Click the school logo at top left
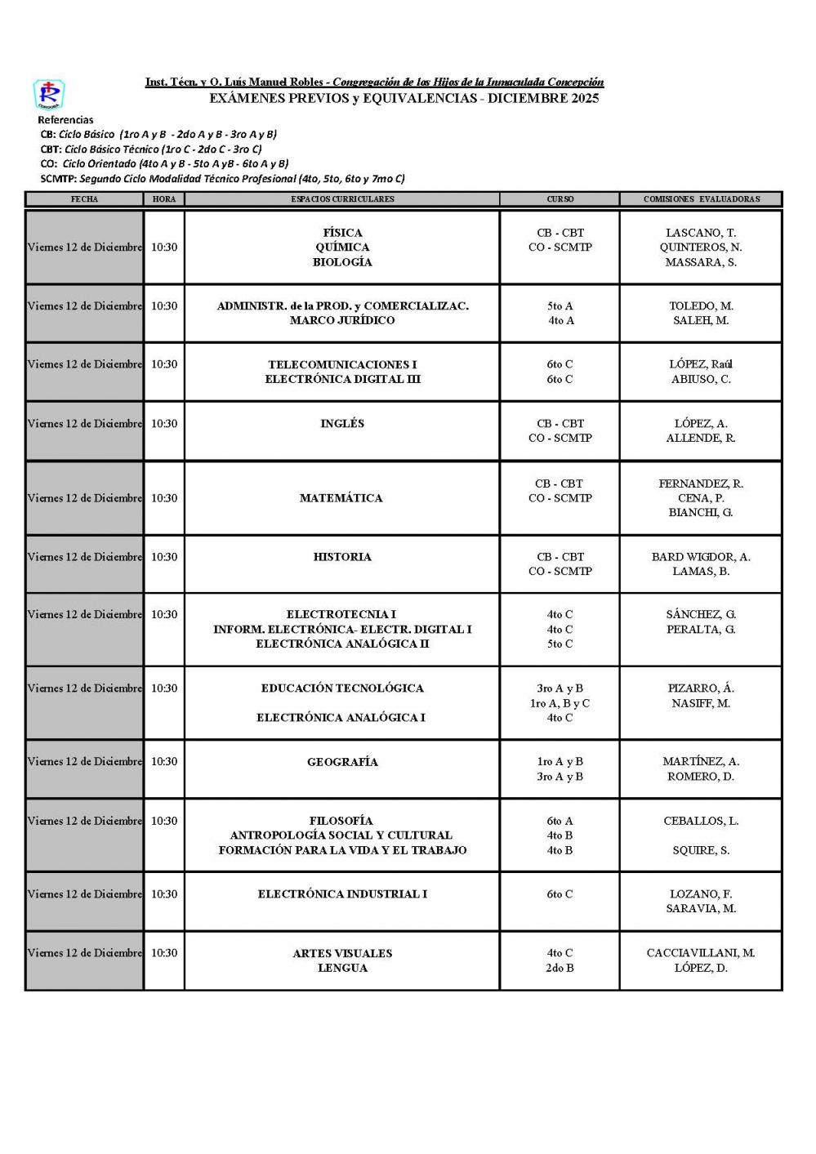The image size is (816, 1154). tap(49, 94)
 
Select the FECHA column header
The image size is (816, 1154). tap(84, 199)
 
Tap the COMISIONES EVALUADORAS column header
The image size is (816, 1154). tap(701, 199)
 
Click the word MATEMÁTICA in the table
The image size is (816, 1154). tap(341, 498)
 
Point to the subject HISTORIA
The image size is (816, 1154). tap(342, 557)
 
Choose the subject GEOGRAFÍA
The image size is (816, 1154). tap(342, 762)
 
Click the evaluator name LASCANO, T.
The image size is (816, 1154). tap(701, 233)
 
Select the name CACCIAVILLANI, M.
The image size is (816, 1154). tap(701, 953)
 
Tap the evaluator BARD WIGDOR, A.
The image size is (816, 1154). tap(701, 557)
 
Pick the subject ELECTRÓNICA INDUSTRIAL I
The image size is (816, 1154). tap(342, 894)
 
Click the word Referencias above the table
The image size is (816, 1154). tap(65, 120)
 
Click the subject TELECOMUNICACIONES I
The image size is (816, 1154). tap(342, 365)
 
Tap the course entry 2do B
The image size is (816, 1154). tap(560, 968)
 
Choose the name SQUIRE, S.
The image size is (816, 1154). tap(701, 850)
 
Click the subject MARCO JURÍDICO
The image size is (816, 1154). tap(342, 321)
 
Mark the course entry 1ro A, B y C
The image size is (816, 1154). tap(560, 703)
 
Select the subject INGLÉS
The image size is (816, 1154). tap(342, 424)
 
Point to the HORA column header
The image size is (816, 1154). tap(164, 199)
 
